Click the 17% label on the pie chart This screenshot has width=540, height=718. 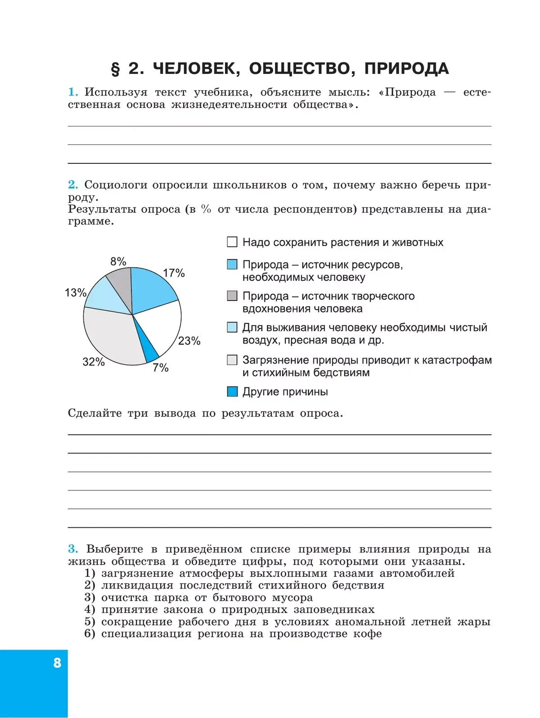[174, 273]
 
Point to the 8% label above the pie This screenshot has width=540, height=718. [118, 261]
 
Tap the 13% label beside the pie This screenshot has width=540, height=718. [75, 292]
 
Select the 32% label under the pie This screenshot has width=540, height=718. [93, 362]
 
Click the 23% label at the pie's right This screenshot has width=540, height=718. [189, 341]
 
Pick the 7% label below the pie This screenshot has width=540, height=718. [160, 368]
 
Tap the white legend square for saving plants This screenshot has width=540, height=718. [232, 242]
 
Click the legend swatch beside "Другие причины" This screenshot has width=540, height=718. [232, 391]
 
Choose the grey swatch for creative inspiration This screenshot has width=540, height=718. [232, 296]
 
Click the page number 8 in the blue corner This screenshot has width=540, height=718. [57, 663]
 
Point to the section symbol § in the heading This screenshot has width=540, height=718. [116, 69]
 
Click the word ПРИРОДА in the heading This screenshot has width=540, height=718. [406, 68]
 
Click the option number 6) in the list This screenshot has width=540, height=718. [90, 633]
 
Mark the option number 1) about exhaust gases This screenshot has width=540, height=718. [90, 573]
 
